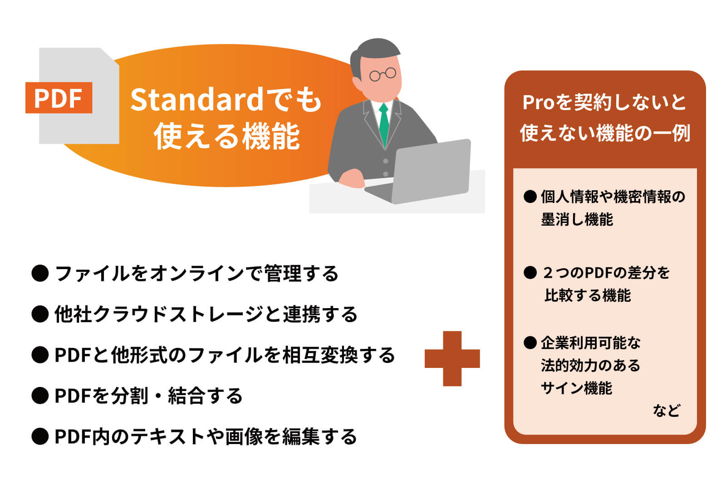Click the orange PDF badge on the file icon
tap(59, 97)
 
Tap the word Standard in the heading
tap(196, 100)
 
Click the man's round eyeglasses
tap(383, 74)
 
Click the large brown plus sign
tap(452, 358)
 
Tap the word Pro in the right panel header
tap(539, 102)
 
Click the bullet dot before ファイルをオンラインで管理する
tap(40, 273)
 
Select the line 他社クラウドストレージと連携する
tap(206, 314)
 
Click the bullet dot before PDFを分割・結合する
tap(40, 396)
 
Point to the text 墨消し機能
tap(577, 220)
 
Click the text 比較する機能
tap(588, 295)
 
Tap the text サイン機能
tap(576, 388)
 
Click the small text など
tap(666, 411)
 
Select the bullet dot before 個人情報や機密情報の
tap(530, 197)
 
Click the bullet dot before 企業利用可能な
tap(530, 343)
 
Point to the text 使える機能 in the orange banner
tap(226, 136)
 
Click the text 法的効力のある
tap(590, 366)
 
